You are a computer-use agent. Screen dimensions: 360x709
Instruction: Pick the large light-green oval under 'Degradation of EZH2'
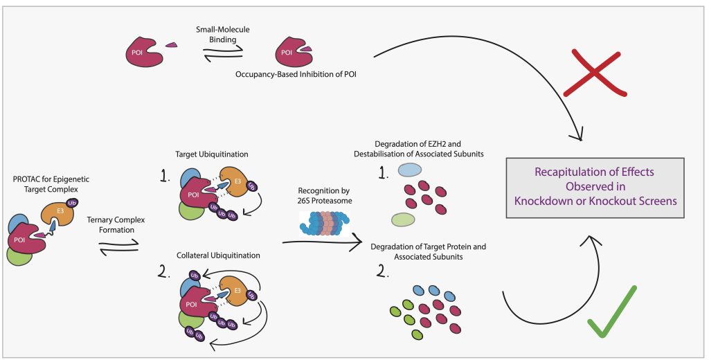coord(403,219)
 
